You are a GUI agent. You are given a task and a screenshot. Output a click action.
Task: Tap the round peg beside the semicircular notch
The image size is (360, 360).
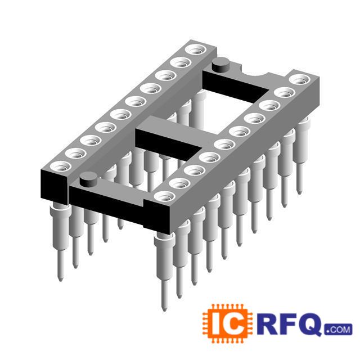221,65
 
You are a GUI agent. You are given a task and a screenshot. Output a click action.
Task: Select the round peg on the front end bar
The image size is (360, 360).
89,179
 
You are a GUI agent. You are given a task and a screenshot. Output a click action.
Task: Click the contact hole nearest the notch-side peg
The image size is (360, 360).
195,50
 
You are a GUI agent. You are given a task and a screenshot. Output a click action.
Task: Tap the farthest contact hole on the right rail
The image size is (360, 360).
299,79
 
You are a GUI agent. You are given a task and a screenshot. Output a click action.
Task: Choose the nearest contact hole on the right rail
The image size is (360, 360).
164,196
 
